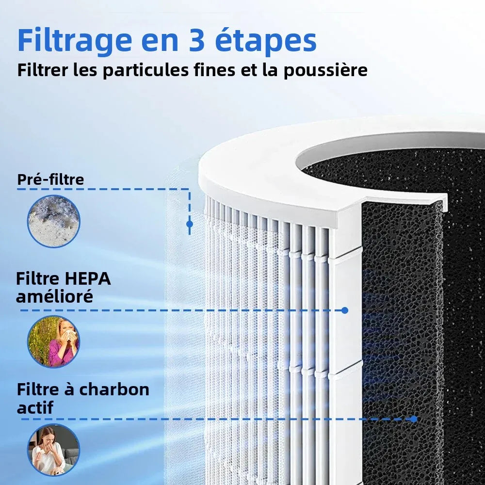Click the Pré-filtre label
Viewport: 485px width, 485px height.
(50, 179)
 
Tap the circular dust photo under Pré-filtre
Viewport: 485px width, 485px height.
(53, 221)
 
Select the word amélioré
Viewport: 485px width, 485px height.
(54, 296)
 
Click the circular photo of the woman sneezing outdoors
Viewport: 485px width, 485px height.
(53, 341)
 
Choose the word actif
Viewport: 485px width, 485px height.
(34, 407)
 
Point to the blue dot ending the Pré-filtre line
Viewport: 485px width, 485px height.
(189, 224)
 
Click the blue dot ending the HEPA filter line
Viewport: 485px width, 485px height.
(345, 310)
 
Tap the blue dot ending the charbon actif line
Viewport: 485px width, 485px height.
(414, 419)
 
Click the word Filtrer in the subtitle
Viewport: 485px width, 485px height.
(42, 71)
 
